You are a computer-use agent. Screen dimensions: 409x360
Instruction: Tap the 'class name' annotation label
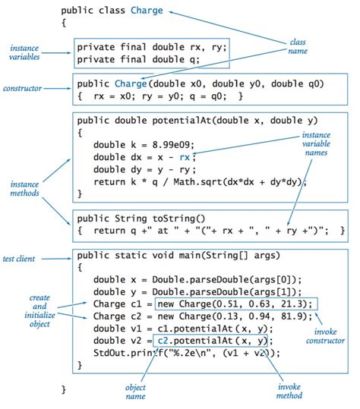(298, 46)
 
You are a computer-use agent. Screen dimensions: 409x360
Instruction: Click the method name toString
(178, 218)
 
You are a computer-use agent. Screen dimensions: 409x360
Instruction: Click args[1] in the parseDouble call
(276, 292)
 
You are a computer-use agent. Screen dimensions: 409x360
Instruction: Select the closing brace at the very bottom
(64, 388)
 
